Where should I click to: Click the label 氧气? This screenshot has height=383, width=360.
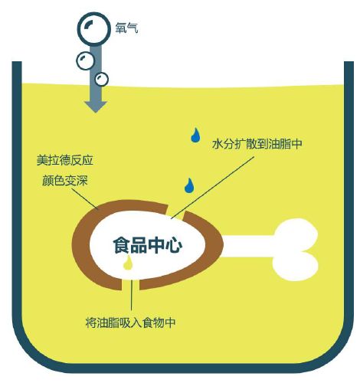click(x=126, y=28)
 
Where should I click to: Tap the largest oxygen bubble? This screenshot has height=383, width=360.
click(x=93, y=28)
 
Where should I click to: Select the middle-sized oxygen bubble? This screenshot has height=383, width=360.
click(x=85, y=61)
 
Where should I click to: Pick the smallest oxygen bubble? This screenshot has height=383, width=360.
click(x=102, y=79)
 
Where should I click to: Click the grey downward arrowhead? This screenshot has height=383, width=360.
click(x=96, y=106)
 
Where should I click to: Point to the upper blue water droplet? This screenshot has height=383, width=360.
click(x=195, y=135)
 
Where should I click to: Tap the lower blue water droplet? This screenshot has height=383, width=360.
click(x=189, y=185)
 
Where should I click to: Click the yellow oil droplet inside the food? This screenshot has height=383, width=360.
click(x=128, y=263)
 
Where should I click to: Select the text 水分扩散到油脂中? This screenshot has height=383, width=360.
click(x=257, y=144)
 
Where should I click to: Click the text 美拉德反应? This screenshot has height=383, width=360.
click(x=65, y=160)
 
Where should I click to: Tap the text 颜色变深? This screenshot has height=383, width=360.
click(x=65, y=181)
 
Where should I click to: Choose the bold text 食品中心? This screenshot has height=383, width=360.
click(x=148, y=245)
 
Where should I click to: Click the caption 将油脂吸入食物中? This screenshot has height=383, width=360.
click(x=130, y=322)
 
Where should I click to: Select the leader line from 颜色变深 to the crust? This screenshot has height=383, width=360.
click(x=86, y=199)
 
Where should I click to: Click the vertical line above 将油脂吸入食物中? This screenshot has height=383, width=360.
click(x=132, y=295)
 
